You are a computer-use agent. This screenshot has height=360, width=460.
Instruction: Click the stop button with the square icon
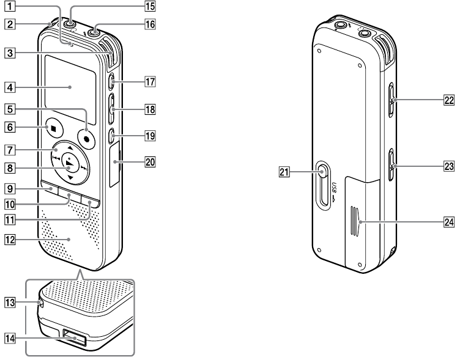pyautogui.click(x=54, y=128)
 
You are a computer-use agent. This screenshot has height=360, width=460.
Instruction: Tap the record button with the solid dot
pyautogui.click(x=87, y=139)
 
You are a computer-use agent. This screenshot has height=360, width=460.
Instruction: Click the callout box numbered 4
pyautogui.click(x=10, y=87)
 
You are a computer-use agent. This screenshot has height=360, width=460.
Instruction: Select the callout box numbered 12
pyautogui.click(x=10, y=240)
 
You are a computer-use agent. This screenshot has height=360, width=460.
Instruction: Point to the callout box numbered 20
pyautogui.click(x=150, y=161)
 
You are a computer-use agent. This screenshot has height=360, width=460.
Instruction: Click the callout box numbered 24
pyautogui.click(x=449, y=222)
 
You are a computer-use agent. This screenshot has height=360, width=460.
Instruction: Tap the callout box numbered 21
pyautogui.click(x=284, y=172)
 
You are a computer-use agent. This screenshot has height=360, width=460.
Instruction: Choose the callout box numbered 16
pyautogui.click(x=150, y=24)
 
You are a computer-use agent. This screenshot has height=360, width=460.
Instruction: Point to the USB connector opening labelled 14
pyautogui.click(x=75, y=337)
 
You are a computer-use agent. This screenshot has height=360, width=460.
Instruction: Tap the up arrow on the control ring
pyautogui.click(x=70, y=148)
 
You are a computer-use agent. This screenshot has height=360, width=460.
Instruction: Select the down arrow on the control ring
pyautogui.click(x=70, y=178)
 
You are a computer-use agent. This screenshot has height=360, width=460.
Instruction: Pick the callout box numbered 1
pyautogui.click(x=10, y=6)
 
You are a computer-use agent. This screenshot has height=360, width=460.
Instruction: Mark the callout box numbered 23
pyautogui.click(x=449, y=166)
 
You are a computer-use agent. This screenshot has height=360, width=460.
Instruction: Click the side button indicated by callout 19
pyautogui.click(x=111, y=136)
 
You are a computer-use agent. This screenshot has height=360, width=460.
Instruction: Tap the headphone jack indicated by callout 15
pyautogui.click(x=70, y=24)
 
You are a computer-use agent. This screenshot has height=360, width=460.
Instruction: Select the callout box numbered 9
pyautogui.click(x=10, y=188)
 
